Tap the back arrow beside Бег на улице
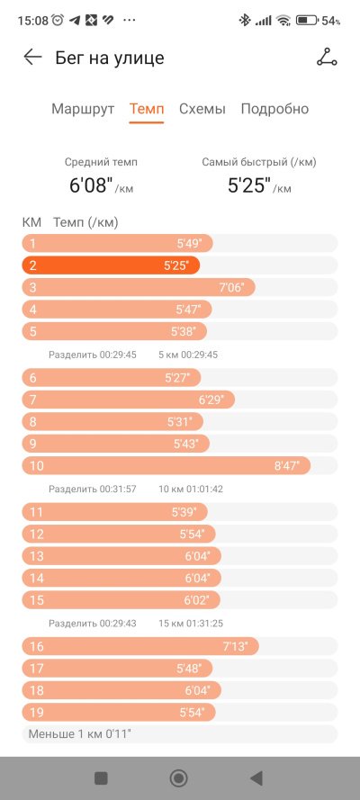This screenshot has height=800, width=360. tap(32, 58)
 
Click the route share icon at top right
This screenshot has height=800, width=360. tap(327, 58)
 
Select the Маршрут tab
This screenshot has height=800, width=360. tap(83, 109)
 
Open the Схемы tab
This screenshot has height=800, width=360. tap(202, 109)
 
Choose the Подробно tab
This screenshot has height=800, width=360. tap(274, 109)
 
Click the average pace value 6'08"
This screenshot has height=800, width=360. tap(91, 185)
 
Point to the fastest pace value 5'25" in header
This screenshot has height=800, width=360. tap(249, 185)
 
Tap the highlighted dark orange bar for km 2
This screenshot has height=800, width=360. tap(111, 265)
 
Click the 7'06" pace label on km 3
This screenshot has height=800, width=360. tap(231, 288)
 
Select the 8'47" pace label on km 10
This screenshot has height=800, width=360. tap(286, 466)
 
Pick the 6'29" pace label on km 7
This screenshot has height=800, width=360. tap(211, 400)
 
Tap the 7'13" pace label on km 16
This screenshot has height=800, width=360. tap(235, 647)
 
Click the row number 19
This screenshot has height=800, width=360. tap(37, 713)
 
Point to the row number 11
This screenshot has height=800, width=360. tap(37, 512)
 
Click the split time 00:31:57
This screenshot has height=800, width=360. tap(118, 489)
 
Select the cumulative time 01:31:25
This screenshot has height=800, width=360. tap(205, 624)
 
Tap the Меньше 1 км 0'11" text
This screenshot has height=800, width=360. tap(79, 734)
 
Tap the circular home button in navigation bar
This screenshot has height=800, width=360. tap(179, 778)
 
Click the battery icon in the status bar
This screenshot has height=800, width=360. tap(307, 21)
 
